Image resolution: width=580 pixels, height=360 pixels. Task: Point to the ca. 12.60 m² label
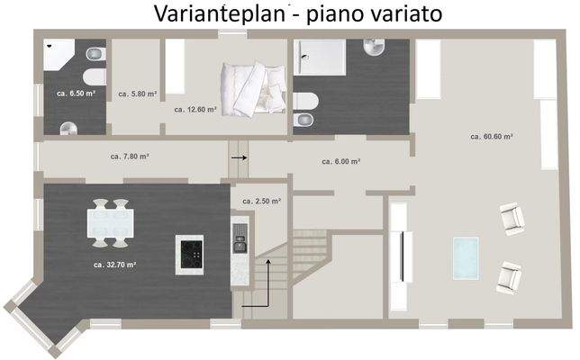click(x=195, y=109)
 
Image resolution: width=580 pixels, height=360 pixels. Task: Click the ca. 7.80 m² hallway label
click(x=129, y=156)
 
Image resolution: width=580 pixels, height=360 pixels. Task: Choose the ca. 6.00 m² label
click(x=340, y=161)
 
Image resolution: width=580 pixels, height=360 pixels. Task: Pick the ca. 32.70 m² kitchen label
click(x=114, y=265)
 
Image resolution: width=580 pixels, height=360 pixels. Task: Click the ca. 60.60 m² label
click(x=492, y=136)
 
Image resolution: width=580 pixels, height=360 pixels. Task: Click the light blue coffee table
click(x=466, y=256)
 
